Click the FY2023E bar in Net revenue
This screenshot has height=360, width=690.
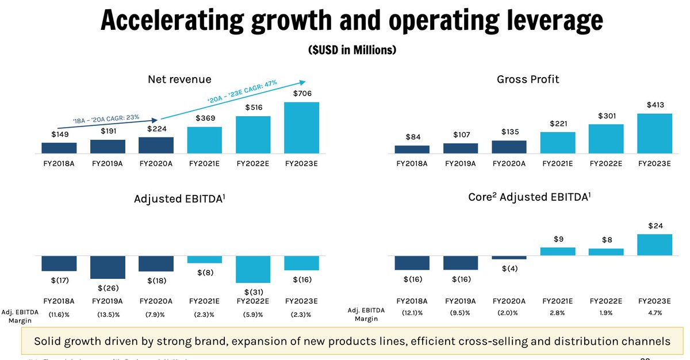click(301, 128)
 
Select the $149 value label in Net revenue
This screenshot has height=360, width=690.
click(59, 134)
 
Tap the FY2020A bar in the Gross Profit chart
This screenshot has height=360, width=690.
click(509, 147)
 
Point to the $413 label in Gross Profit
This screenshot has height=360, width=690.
click(654, 105)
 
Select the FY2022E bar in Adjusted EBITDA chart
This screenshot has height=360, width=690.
click(253, 269)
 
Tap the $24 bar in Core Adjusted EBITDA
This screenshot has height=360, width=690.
click(654, 245)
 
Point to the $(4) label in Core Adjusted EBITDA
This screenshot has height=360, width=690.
click(509, 269)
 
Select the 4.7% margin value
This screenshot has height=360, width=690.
click(654, 313)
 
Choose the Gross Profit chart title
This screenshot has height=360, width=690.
click(528, 80)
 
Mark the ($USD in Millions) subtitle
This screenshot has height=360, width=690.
click(352, 50)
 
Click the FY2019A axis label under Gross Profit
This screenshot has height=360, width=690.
click(461, 163)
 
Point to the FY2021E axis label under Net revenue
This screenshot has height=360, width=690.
click(205, 163)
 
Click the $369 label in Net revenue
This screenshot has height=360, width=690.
click(205, 118)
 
